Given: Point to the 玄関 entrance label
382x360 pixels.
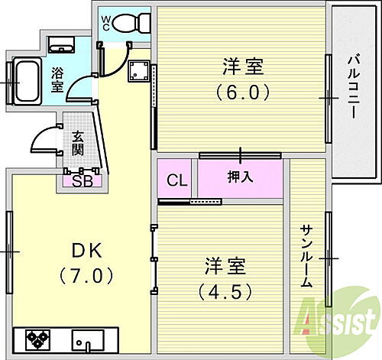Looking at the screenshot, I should [x=78, y=143].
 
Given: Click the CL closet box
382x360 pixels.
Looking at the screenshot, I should [x=176, y=180].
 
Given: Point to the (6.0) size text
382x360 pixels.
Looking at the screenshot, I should [x=243, y=92].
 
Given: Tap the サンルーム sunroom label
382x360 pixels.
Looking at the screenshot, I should [x=306, y=255].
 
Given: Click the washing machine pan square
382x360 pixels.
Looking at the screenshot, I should [x=140, y=73].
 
